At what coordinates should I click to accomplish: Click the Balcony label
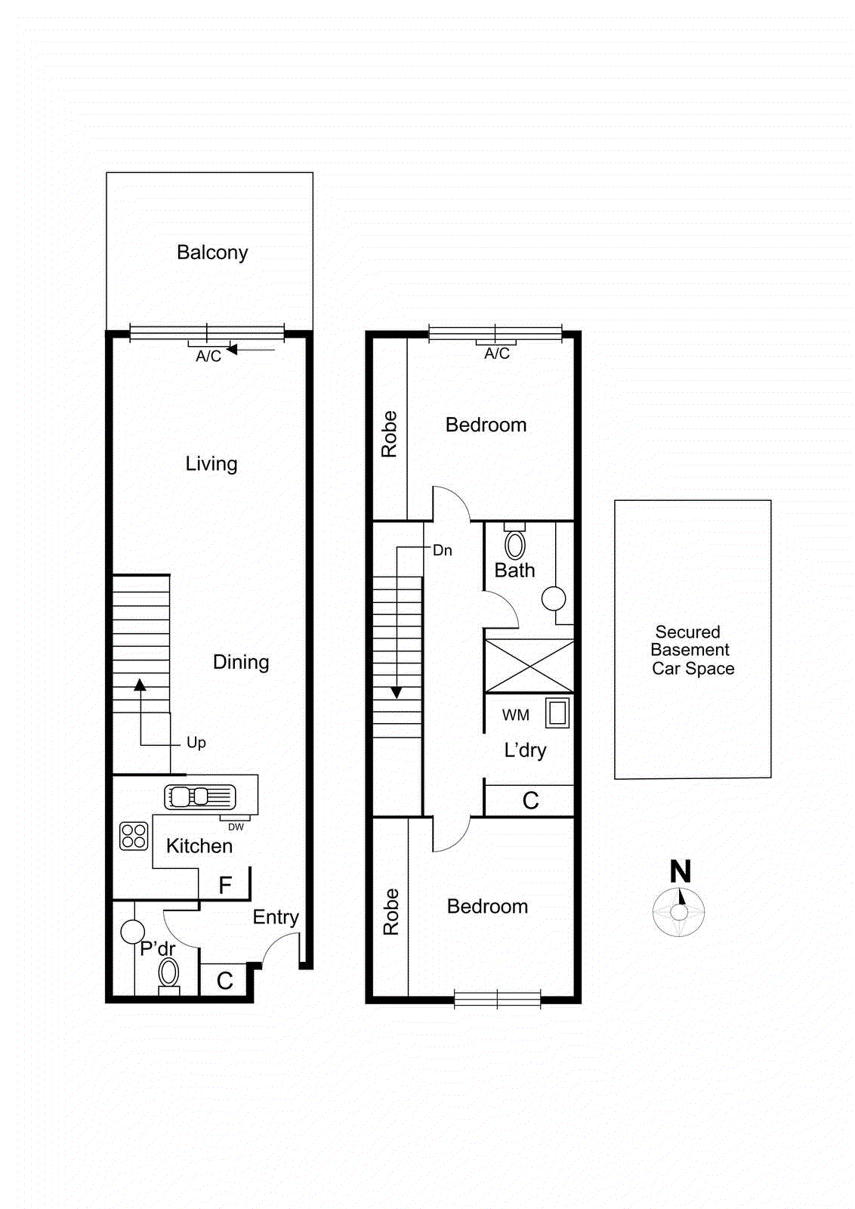pyautogui.click(x=212, y=252)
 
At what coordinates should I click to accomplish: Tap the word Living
pyautogui.click(x=211, y=463)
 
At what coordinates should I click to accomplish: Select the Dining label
pyautogui.click(x=241, y=662)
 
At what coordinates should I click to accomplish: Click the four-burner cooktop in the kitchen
pyautogui.click(x=134, y=836)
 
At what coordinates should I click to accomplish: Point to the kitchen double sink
pyautogui.click(x=199, y=796)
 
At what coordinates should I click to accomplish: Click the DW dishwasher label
pyautogui.click(x=236, y=827)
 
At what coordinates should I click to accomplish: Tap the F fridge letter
pyautogui.click(x=225, y=886)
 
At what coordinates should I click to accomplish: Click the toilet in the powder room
pyautogui.click(x=168, y=974)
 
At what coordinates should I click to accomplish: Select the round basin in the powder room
pyautogui.click(x=133, y=932)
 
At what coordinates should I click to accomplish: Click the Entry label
pyautogui.click(x=276, y=917)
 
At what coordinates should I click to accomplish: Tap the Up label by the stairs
pyautogui.click(x=196, y=743)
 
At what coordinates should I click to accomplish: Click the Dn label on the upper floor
pyautogui.click(x=443, y=551)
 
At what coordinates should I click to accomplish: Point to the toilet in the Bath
pyautogui.click(x=515, y=543)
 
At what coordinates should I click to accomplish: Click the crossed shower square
pyautogui.click(x=529, y=666)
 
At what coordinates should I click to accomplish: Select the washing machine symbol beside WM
pyautogui.click(x=557, y=713)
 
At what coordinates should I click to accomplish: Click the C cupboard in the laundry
pyautogui.click(x=531, y=801)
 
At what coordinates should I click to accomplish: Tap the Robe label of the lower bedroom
pyautogui.click(x=390, y=911)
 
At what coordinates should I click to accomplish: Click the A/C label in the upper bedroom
pyautogui.click(x=497, y=354)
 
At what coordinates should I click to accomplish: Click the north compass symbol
pyautogui.click(x=679, y=910)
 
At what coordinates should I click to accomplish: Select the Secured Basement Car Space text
pyautogui.click(x=692, y=650)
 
